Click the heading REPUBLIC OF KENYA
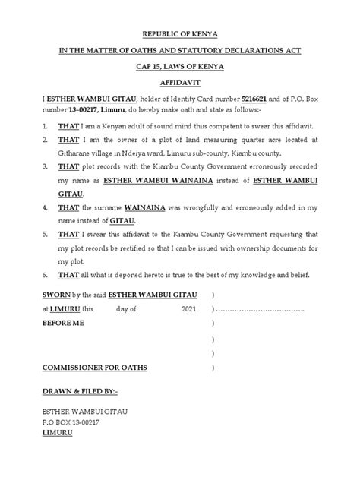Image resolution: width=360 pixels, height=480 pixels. (180, 34)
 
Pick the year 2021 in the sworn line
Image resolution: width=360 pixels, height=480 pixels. (231, 309)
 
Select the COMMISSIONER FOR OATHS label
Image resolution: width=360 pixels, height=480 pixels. (95, 368)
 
